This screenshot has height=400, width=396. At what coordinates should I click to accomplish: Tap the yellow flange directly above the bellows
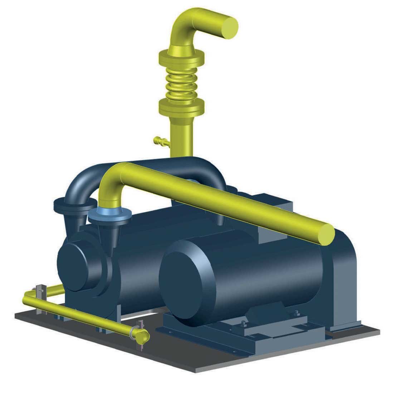point(181,57)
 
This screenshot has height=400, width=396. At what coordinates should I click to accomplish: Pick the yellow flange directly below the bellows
point(182,106)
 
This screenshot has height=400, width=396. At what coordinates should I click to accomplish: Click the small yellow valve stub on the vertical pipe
point(159,141)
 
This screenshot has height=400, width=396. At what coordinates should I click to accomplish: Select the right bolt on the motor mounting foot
point(297,313)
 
